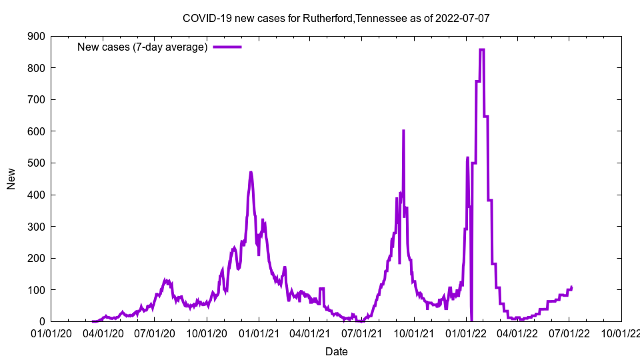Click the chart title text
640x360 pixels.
coord(336,18)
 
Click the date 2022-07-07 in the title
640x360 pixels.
coord(462,18)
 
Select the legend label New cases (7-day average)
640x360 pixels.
coord(143,47)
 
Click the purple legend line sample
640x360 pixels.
coord(227,47)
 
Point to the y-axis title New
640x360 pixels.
coord(11,179)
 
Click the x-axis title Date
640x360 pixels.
coord(336,351)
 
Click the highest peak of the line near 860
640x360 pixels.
coord(482,49)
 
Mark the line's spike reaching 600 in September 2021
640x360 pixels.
coord(403,131)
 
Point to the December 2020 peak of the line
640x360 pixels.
coord(251,173)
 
